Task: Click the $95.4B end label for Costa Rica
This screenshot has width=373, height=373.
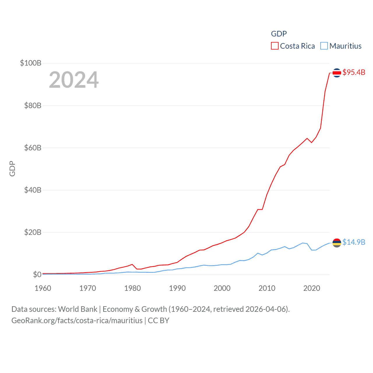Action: click(x=354, y=72)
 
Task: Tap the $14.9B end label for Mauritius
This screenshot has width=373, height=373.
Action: click(x=354, y=242)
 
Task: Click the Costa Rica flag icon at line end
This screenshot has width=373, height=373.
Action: click(x=337, y=73)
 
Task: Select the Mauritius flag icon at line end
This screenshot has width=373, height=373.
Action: click(x=337, y=242)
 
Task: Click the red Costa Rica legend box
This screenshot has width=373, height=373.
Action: click(x=275, y=46)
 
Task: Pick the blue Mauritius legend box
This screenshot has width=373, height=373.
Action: click(x=324, y=46)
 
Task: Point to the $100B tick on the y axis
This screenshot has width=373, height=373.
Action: click(x=31, y=63)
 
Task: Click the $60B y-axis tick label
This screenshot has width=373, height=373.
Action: click(x=33, y=148)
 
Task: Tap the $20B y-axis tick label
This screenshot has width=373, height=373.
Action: click(x=33, y=232)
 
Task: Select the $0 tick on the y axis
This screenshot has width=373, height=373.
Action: click(x=37, y=275)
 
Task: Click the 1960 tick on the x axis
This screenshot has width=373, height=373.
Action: click(x=43, y=288)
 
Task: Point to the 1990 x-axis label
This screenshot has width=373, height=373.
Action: click(x=177, y=288)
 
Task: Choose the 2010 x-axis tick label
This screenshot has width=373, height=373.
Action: click(x=267, y=288)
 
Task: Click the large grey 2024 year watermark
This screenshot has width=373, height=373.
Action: click(x=74, y=80)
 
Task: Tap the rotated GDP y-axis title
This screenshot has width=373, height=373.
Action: click(x=12, y=168)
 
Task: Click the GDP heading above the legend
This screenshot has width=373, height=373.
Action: click(x=279, y=34)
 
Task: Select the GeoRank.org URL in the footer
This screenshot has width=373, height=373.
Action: click(x=77, y=321)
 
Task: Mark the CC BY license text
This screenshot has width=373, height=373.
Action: click(x=159, y=321)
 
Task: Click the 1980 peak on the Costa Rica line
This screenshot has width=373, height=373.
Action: click(x=132, y=264)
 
